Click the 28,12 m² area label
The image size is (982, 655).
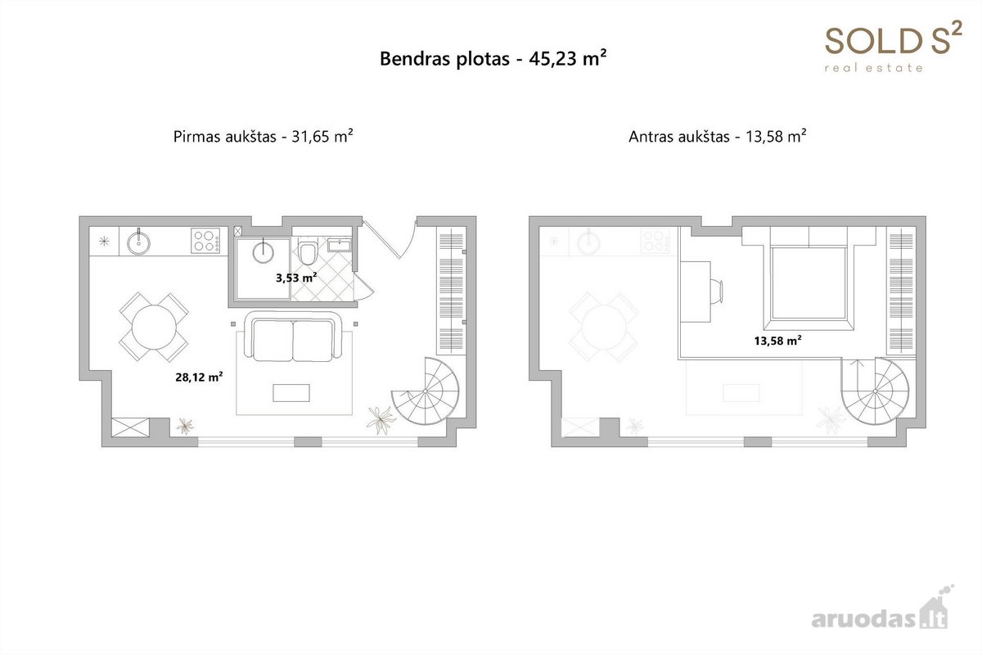[x=199, y=377]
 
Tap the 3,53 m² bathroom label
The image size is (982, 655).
[x=296, y=278]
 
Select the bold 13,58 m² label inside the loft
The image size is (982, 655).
[x=778, y=341]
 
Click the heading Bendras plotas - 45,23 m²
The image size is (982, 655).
[x=493, y=58]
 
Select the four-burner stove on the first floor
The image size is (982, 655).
[x=205, y=241]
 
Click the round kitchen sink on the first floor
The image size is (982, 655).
[x=138, y=242]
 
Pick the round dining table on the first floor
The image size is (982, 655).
[x=154, y=327]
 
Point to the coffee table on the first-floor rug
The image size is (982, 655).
[x=291, y=393]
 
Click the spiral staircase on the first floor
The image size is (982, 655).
[x=426, y=391]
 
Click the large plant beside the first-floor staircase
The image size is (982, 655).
[x=381, y=419]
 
